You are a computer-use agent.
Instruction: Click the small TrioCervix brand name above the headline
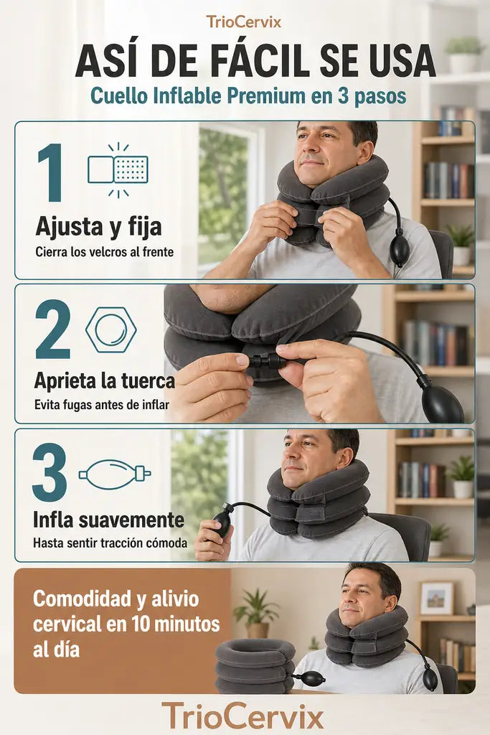click(x=244, y=22)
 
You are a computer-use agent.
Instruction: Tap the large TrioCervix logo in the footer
click(x=242, y=716)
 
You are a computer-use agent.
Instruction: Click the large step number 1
click(x=51, y=172)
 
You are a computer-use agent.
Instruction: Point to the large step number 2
click(x=53, y=329)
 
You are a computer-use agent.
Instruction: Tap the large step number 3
click(x=50, y=472)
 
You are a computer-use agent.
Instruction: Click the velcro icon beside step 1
click(x=118, y=169)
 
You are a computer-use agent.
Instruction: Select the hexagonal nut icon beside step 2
click(x=111, y=329)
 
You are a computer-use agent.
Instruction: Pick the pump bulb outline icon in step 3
click(x=115, y=474)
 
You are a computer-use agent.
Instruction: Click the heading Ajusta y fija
click(x=98, y=228)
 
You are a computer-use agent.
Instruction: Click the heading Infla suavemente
click(x=108, y=520)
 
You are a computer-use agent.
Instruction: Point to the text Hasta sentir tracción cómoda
click(x=110, y=543)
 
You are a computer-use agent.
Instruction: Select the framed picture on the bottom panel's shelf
click(x=437, y=598)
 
